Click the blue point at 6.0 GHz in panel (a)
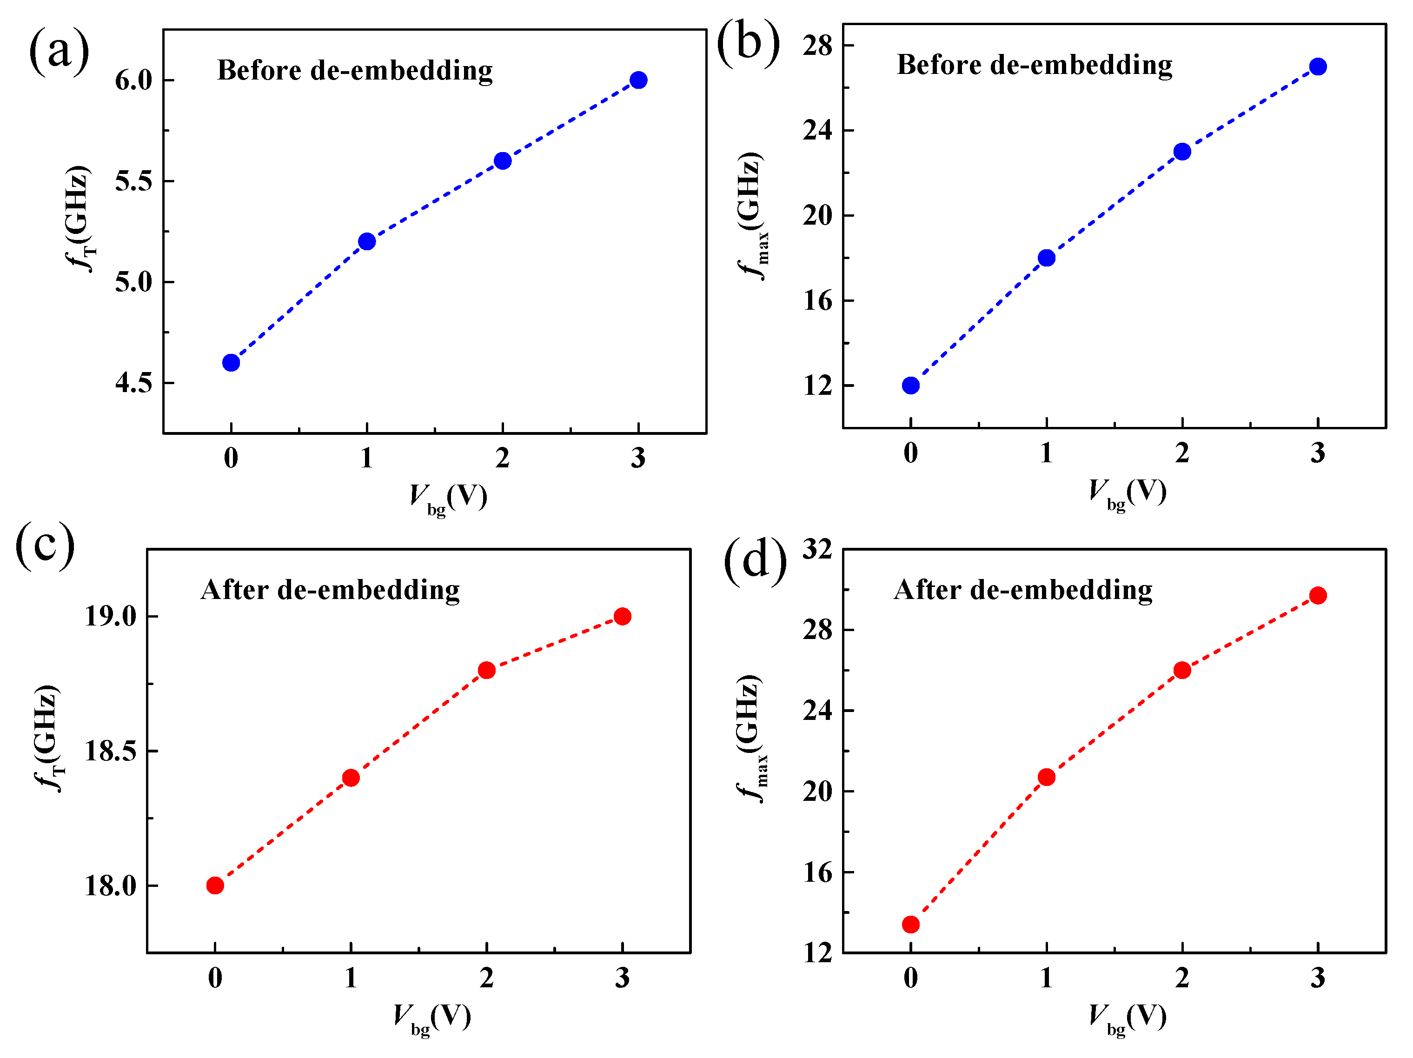(x=638, y=80)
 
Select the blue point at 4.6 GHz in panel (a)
(x=231, y=363)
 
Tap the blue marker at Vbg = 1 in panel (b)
(x=1046, y=258)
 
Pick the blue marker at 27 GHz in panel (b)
(x=1318, y=67)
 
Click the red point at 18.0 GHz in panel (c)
(x=215, y=885)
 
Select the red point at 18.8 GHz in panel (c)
(x=487, y=670)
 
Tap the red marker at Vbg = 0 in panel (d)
(x=911, y=925)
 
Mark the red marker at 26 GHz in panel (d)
(x=1182, y=670)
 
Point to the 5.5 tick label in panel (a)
(x=133, y=181)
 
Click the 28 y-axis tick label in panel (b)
(x=818, y=46)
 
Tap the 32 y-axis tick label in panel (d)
(x=818, y=549)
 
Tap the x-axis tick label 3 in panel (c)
(x=622, y=978)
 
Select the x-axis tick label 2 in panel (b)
(x=1182, y=453)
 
